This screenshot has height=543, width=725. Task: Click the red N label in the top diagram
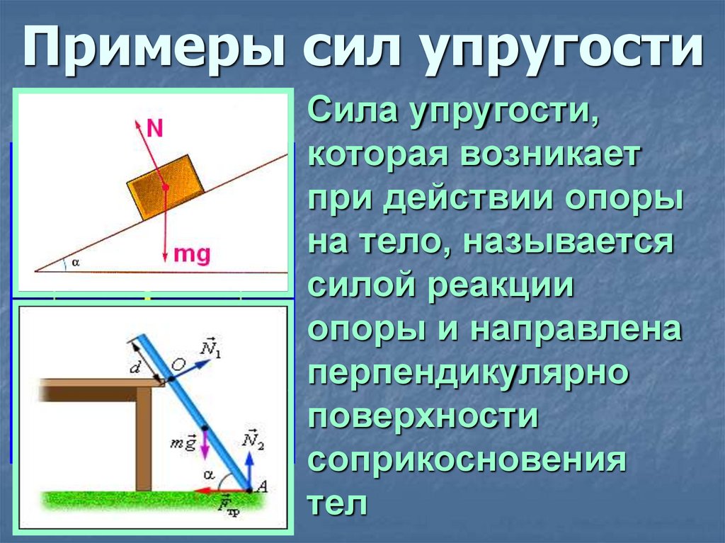point(155,127)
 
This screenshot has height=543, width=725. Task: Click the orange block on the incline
point(164,187)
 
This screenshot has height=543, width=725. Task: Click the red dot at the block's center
point(164,188)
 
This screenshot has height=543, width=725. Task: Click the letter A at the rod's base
point(262,486)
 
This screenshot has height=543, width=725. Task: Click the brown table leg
point(143,439)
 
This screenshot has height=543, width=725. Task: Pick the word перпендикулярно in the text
point(469,372)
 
